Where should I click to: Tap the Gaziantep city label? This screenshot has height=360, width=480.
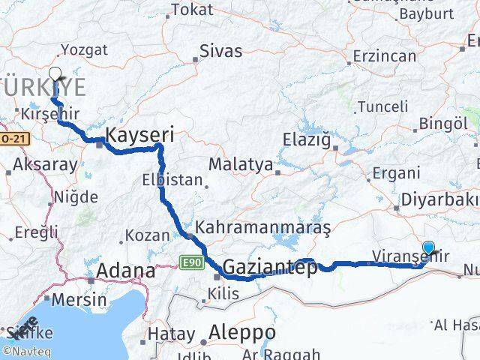click(x=268, y=268)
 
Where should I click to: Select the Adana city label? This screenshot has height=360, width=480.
click(x=125, y=271)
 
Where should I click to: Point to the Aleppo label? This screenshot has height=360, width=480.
click(x=242, y=331)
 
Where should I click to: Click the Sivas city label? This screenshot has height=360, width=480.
click(x=220, y=51)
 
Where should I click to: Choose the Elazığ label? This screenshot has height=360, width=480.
click(x=306, y=139)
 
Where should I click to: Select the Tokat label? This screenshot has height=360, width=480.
click(x=192, y=10)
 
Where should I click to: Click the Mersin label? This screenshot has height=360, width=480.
click(x=80, y=299)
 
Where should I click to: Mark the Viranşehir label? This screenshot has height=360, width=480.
click(x=411, y=256)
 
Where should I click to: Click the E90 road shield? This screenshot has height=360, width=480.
click(x=190, y=262)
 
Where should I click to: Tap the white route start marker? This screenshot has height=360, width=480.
click(x=55, y=73)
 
